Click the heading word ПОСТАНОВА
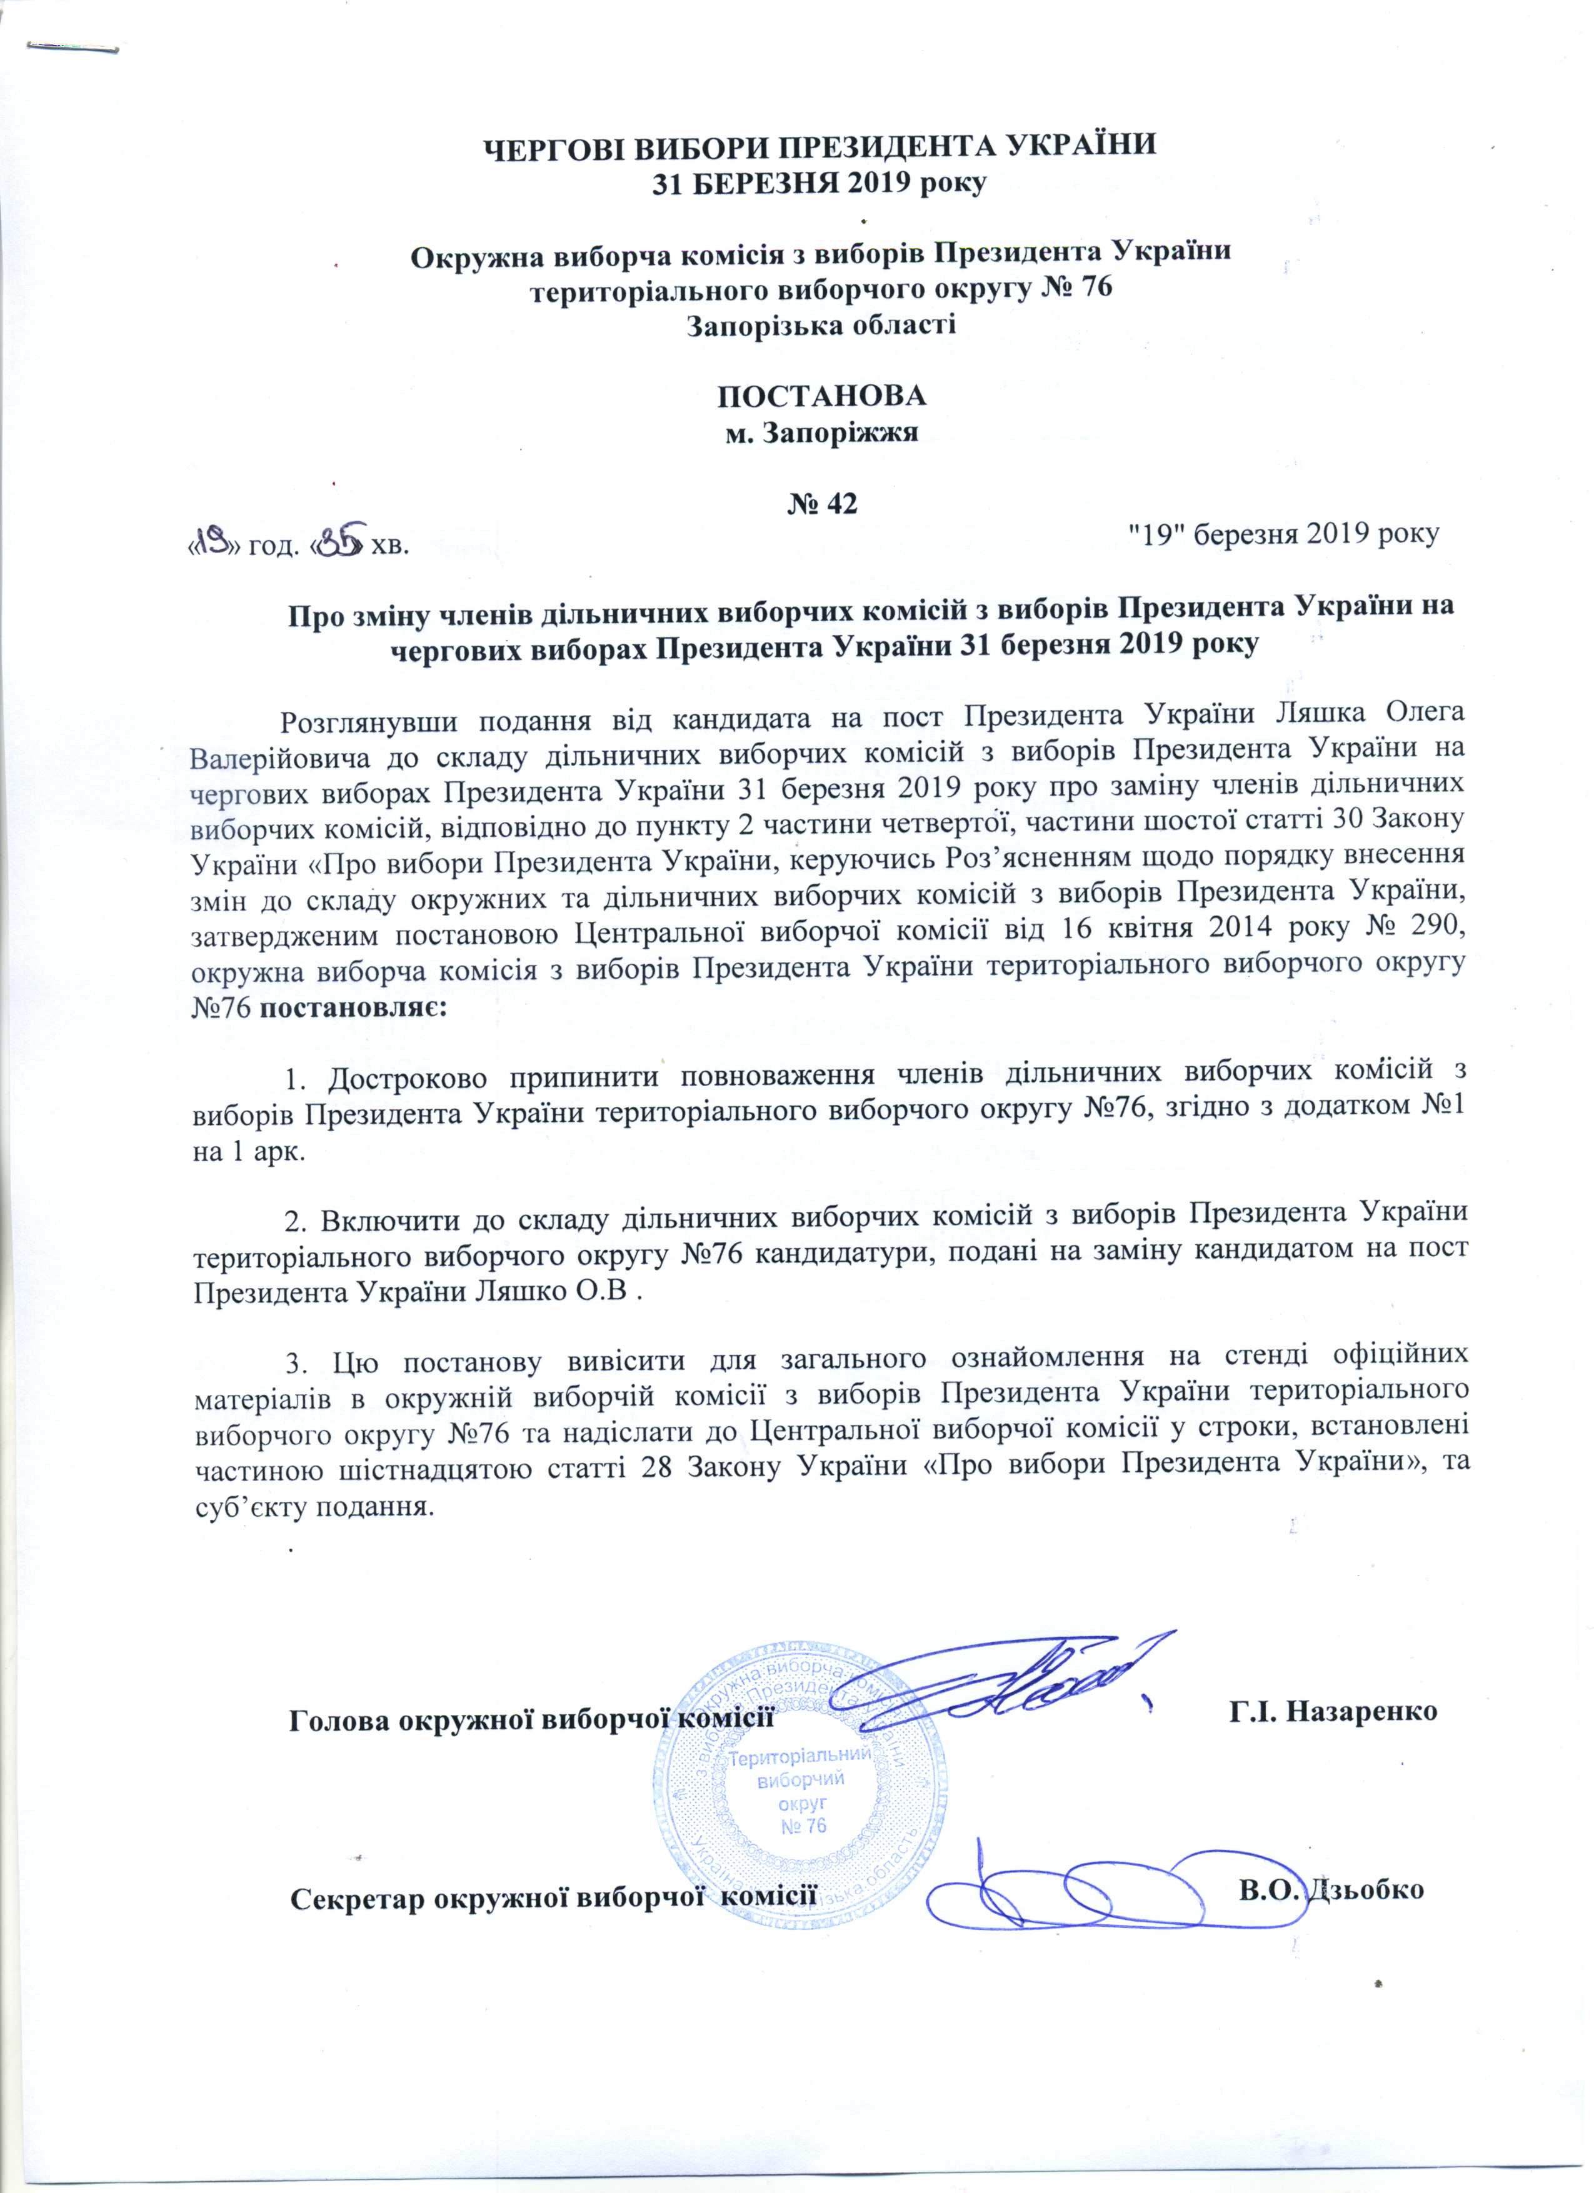(821, 397)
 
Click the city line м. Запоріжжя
(821, 432)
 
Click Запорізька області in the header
(821, 324)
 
